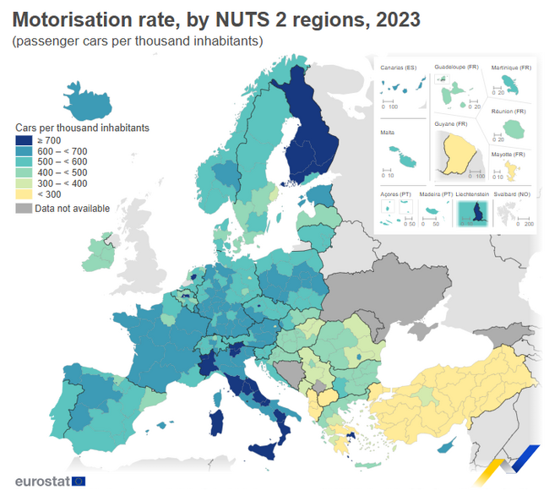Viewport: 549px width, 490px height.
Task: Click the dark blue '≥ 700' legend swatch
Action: point(24,140)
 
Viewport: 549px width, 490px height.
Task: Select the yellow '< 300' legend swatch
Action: point(24,195)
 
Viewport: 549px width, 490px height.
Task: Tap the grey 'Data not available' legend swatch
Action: point(24,209)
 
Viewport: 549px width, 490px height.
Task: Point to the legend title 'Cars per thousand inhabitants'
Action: point(83,128)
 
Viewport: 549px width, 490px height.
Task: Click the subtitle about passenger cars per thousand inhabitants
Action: point(139,41)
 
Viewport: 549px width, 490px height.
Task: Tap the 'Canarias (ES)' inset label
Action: point(399,67)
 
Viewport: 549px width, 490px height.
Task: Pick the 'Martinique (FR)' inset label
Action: point(511,67)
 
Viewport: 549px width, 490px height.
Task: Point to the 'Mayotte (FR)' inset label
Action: point(508,155)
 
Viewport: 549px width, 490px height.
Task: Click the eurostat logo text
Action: point(42,481)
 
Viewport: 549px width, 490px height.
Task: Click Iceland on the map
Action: point(86,103)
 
